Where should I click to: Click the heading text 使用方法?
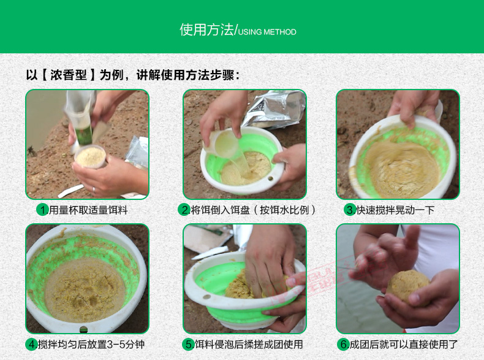206,30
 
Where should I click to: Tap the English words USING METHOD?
267,32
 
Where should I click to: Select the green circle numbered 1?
43,210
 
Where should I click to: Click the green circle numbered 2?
184,210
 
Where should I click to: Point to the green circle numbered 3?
350,210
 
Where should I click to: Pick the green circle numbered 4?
32,344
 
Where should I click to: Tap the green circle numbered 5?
188,344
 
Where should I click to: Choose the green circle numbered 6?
343,344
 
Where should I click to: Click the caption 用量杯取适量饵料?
88,210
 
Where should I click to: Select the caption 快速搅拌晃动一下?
395,210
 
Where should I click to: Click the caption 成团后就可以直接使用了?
404,344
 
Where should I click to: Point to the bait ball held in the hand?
407,286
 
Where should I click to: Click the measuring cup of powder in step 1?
90,156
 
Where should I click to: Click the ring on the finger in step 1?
94,190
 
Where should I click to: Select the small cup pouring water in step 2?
222,143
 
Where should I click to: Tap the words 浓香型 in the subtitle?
69,75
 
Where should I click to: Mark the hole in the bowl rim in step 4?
83,329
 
